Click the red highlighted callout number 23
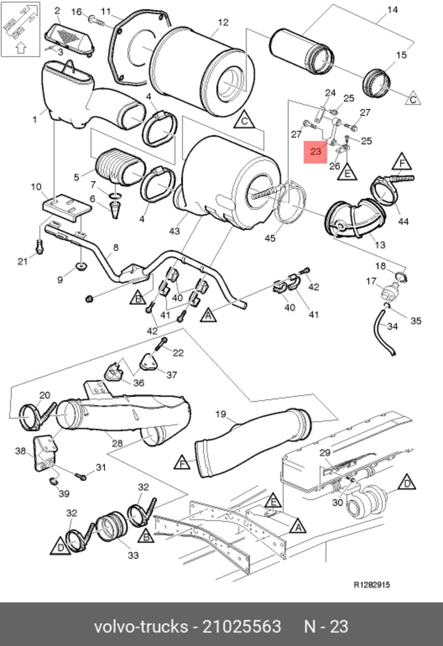point(316,152)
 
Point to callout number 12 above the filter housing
point(223,23)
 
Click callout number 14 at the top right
point(392,10)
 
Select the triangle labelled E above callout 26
point(347,172)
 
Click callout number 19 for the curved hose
point(221,414)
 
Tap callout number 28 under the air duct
point(117,443)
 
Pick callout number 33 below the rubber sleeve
point(133,555)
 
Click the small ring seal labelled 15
point(376,84)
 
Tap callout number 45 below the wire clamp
point(270,238)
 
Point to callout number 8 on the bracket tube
point(116,247)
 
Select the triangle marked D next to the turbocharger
point(407,483)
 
